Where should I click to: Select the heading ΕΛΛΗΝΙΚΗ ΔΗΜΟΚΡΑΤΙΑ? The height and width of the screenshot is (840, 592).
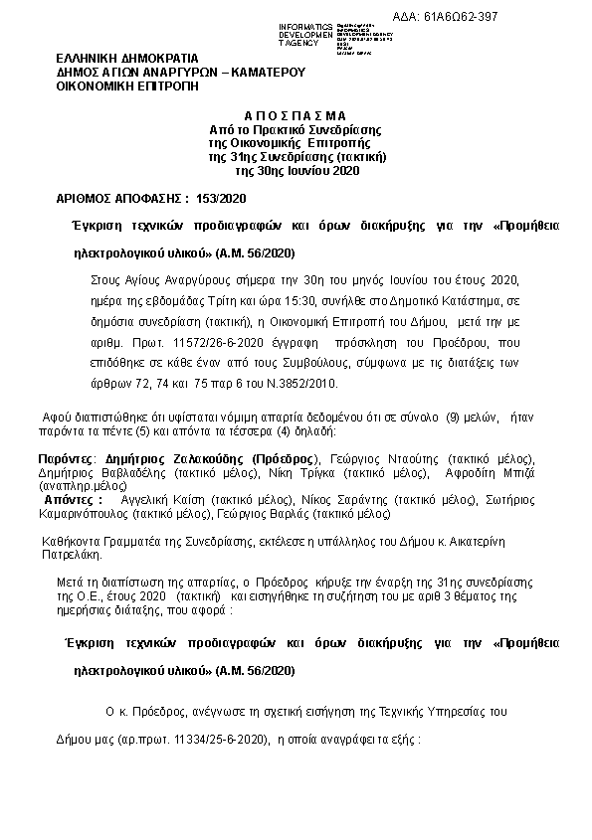(127, 59)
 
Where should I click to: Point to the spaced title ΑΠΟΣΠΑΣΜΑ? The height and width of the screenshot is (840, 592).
(295, 115)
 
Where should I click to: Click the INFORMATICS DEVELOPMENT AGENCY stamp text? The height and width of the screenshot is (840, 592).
(286, 36)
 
